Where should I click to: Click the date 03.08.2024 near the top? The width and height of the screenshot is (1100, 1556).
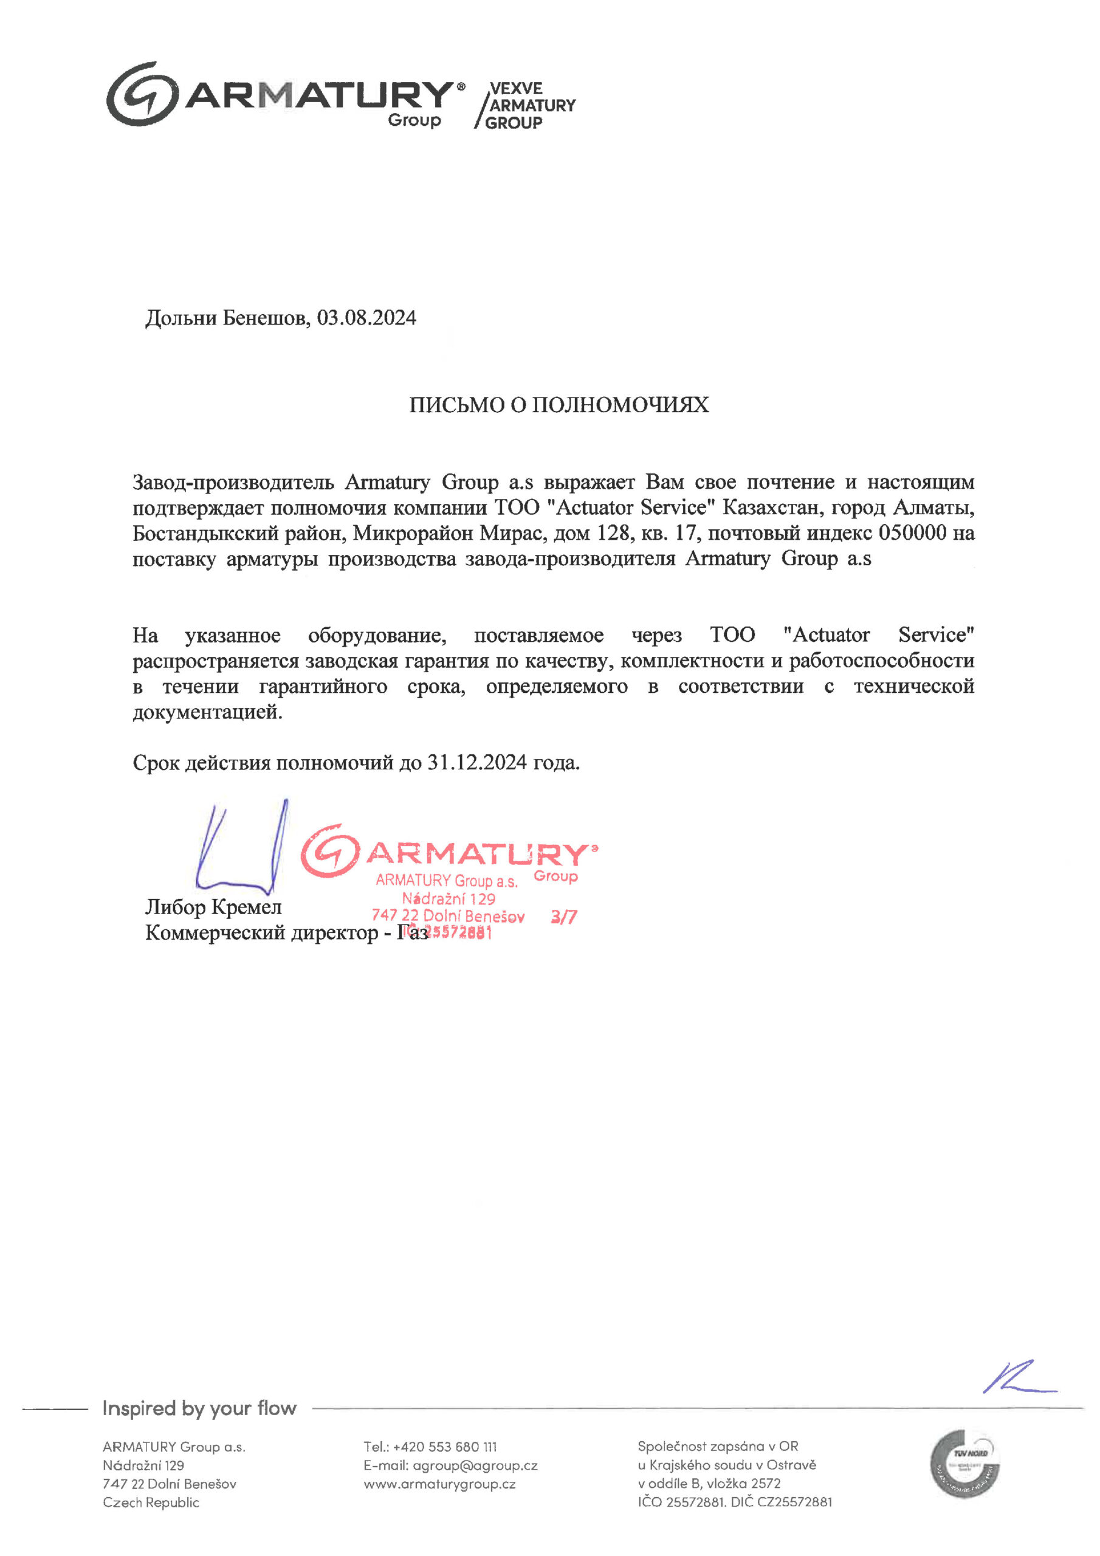pyautogui.click(x=366, y=318)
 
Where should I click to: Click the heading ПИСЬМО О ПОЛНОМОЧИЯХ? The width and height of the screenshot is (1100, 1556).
pyautogui.click(x=559, y=405)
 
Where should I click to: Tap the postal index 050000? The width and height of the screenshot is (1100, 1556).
pyautogui.click(x=912, y=532)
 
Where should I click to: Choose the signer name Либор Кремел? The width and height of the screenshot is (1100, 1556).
pyautogui.click(x=213, y=907)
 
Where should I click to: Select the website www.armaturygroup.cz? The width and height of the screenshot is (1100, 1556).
pyautogui.click(x=439, y=1484)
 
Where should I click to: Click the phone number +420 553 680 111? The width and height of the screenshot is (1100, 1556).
pyautogui.click(x=445, y=1447)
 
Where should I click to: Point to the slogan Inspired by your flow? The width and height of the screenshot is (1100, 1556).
pyautogui.click(x=199, y=1408)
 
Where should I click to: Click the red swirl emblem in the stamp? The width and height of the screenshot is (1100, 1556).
pyautogui.click(x=330, y=850)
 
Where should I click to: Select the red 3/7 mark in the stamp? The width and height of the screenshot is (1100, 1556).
pyautogui.click(x=563, y=917)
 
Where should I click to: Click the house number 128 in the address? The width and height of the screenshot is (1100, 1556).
pyautogui.click(x=613, y=532)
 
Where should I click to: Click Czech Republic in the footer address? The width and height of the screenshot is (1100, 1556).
pyautogui.click(x=151, y=1503)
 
